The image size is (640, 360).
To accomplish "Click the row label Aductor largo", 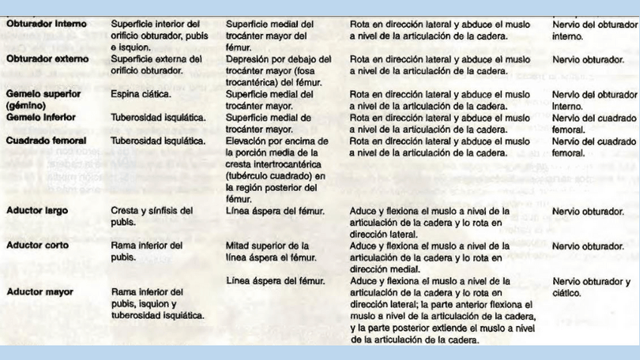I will (37, 211).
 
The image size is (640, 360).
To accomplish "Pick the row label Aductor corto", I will (36, 246).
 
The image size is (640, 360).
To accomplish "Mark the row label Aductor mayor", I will (38, 291).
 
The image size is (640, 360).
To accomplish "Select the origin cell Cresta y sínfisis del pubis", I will (152, 217).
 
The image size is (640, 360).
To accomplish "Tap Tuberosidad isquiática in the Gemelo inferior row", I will (158, 118).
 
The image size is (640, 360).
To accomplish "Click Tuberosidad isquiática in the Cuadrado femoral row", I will (158, 140).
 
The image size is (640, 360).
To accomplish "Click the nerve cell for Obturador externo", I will (588, 58).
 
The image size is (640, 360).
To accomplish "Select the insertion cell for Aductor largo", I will (275, 211).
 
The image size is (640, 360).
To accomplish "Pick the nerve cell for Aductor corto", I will (588, 246).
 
